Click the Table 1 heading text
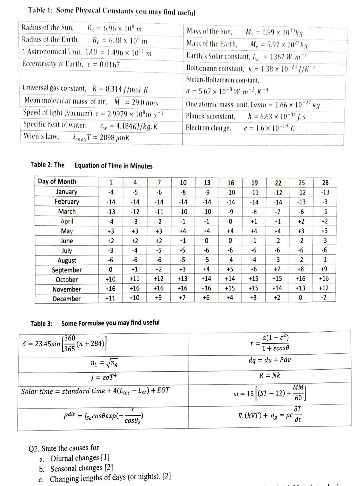click(112, 11)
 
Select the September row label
click(67, 270)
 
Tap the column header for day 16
click(230, 183)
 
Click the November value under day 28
click(324, 288)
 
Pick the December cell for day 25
click(301, 298)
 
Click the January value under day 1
click(111, 192)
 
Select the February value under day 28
click(324, 202)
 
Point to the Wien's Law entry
click(76, 137)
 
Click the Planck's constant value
click(277, 117)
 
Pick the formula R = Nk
click(269, 375)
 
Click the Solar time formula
click(95, 391)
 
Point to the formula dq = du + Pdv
click(269, 360)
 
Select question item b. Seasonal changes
click(81, 468)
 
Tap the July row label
click(67, 251)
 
